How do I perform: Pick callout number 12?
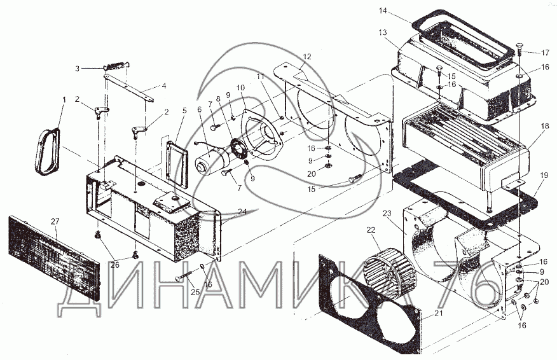[307, 57]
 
